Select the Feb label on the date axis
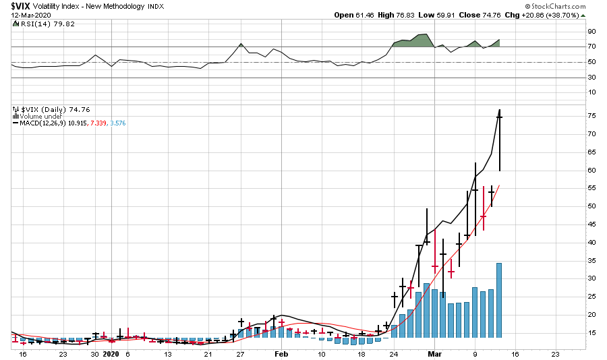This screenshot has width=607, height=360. pyautogui.click(x=281, y=354)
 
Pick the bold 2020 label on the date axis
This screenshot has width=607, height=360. pyautogui.click(x=111, y=354)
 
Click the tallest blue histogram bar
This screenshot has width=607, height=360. pyautogui.click(x=499, y=300)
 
